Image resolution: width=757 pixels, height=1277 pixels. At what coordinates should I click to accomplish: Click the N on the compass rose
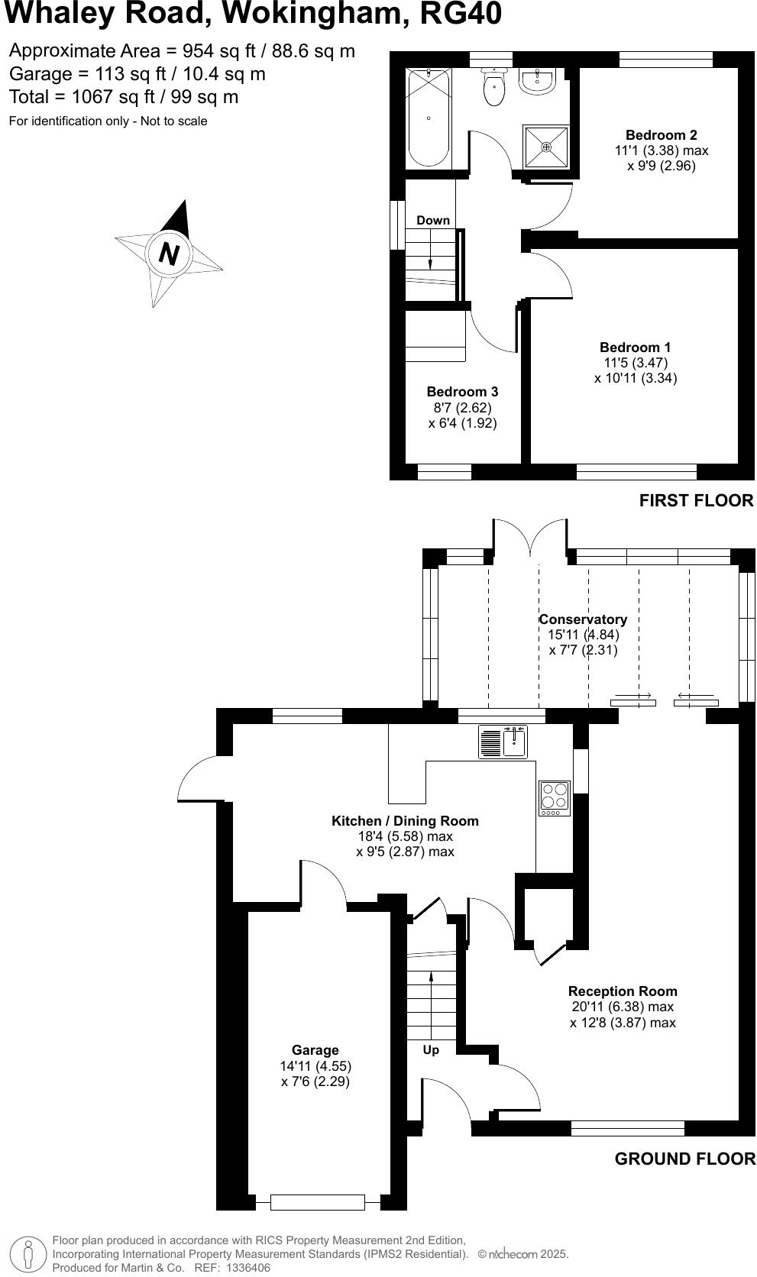coord(169,253)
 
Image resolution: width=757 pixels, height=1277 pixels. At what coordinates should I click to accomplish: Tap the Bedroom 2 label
coord(661,135)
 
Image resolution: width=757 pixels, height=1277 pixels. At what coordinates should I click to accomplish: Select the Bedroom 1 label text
coord(635,348)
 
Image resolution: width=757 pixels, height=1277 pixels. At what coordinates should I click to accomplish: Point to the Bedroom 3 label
coord(462,393)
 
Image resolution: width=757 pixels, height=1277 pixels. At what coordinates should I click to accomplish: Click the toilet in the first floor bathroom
coord(494,88)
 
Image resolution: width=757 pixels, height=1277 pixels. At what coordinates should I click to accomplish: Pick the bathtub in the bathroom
coord(429,116)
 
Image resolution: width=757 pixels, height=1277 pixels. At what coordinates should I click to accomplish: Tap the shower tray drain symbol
coord(546,147)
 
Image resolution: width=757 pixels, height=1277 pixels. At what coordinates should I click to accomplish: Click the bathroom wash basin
coord(537,80)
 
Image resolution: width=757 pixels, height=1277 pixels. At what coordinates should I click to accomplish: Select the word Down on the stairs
coord(433,221)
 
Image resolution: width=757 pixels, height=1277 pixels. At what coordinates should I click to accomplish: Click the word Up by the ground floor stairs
coord(431,1050)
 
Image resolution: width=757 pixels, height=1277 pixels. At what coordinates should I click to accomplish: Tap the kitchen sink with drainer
coord(503,742)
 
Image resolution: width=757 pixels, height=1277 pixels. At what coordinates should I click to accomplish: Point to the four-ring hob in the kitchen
coord(555,797)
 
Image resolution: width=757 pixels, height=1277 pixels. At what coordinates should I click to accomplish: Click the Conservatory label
coord(583,619)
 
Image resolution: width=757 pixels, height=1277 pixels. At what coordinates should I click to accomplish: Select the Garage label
coord(315,1050)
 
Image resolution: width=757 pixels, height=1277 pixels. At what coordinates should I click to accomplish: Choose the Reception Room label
coord(623,991)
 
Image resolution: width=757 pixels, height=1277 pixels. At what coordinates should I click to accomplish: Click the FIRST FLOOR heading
coord(696,500)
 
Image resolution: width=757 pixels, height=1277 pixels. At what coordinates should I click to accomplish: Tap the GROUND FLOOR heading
coord(684,1159)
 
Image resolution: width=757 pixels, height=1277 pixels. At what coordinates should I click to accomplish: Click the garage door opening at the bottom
coord(317,1202)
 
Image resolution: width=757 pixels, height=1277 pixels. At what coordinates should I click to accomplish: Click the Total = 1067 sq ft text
coord(124,97)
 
